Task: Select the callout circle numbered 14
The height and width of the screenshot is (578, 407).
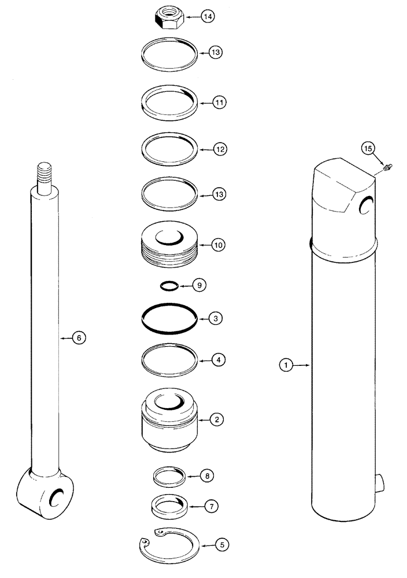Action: (208, 17)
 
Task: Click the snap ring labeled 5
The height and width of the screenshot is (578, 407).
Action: (171, 545)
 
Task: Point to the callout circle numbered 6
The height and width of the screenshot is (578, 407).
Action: (79, 338)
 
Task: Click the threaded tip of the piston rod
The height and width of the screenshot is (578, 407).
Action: (44, 172)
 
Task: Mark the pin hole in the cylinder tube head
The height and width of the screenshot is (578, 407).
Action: (366, 203)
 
